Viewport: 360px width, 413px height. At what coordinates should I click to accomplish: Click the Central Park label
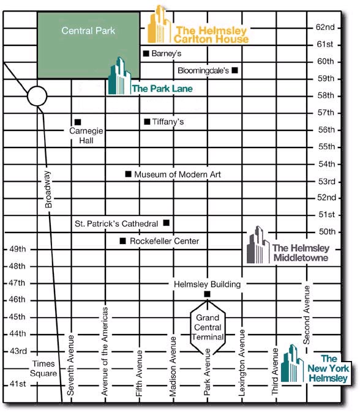88,31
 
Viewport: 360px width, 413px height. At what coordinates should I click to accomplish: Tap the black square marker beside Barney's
146,53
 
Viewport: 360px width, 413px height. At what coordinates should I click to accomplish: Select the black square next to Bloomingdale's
234,70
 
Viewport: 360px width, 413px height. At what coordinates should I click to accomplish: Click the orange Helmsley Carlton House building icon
159,24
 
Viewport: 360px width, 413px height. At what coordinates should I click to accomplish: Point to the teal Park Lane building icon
119,76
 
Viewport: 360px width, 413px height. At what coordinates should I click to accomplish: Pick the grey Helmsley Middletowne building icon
258,245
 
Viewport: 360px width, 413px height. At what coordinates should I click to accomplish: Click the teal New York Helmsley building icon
292,363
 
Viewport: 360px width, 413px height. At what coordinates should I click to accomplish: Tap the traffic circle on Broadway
37,96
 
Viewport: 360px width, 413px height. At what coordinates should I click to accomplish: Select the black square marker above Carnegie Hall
78,122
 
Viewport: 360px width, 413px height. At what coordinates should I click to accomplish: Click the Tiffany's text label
168,122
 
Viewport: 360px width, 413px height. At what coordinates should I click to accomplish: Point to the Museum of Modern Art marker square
128,174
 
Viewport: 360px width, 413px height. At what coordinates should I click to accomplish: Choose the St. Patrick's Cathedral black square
167,223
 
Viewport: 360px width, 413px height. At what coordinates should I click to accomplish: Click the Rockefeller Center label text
165,241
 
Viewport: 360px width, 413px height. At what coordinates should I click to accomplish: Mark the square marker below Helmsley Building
208,294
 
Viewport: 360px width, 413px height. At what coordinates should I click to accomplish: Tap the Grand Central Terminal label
208,327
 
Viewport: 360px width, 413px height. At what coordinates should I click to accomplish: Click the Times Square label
43,368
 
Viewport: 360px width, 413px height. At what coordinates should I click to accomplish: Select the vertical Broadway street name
48,190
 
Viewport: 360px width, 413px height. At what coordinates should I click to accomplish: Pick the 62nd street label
325,27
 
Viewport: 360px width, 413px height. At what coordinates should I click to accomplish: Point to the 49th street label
18,249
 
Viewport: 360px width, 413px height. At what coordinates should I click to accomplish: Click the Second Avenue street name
306,314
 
